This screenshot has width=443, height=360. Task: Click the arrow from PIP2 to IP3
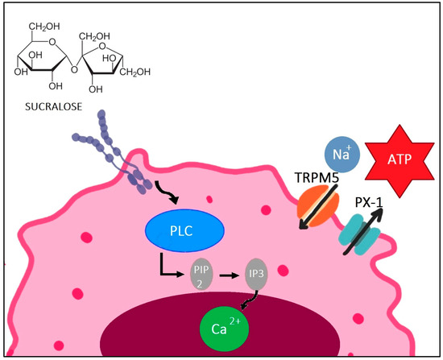(228, 275)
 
